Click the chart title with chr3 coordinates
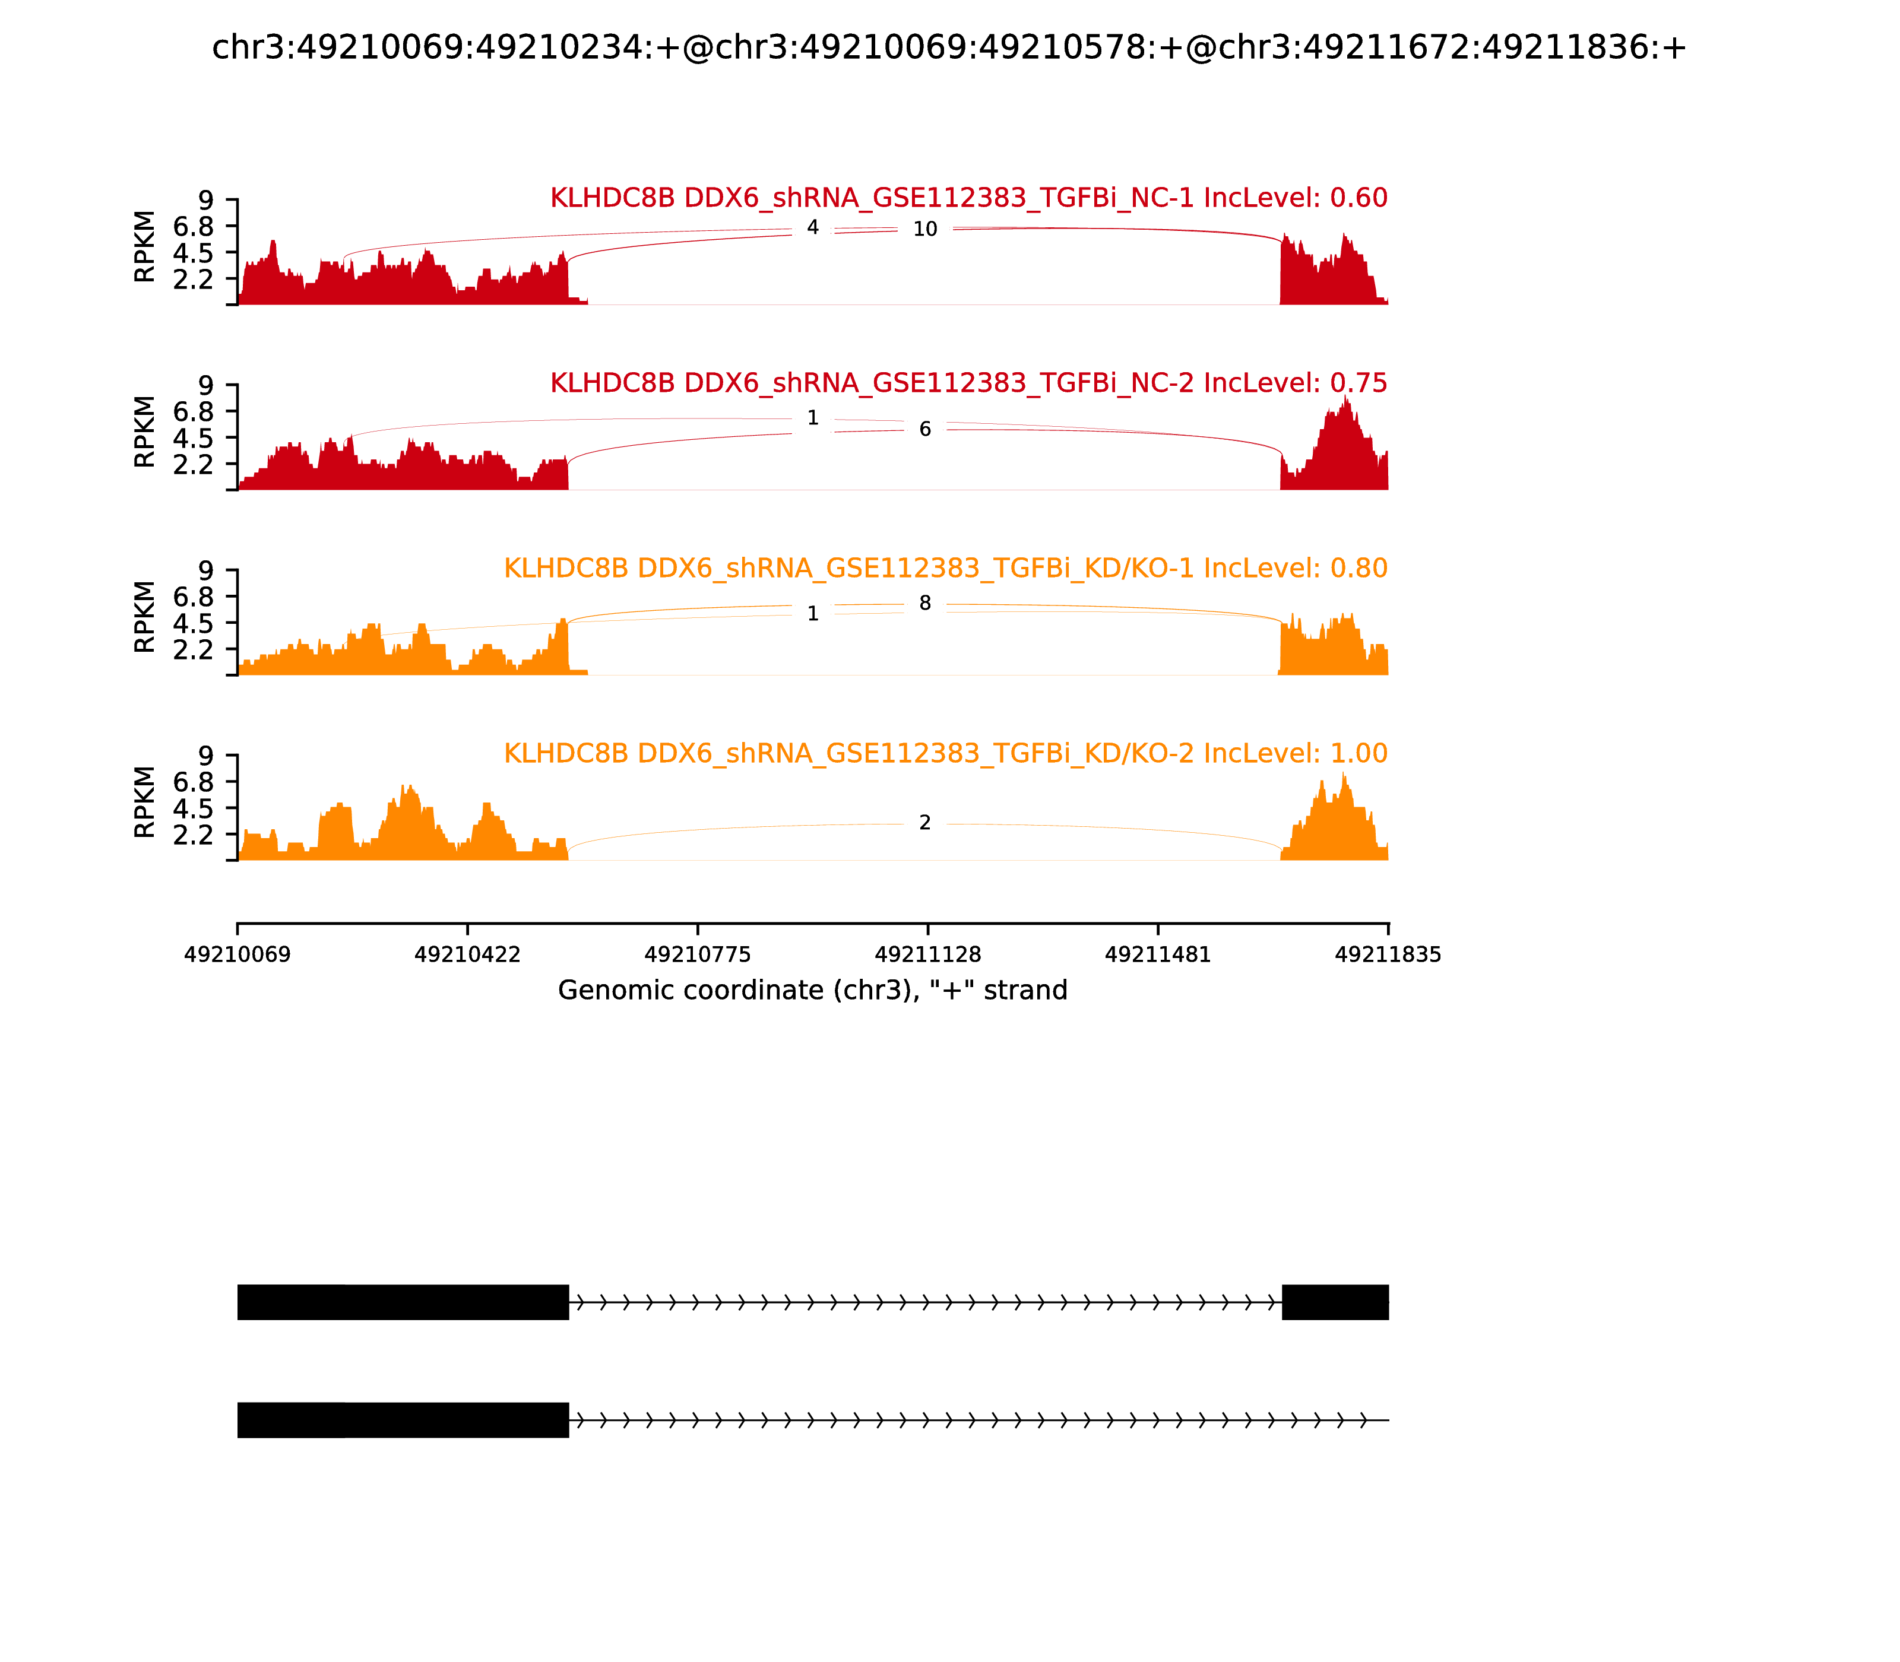pos(949,47)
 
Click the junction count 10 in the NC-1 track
pos(925,229)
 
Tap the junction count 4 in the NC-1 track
pos(813,227)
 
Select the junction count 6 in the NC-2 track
pos(925,429)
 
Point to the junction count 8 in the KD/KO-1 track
pos(925,603)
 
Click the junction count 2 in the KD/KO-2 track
pos(925,823)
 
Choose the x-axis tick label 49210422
pos(468,954)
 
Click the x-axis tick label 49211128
pos(927,954)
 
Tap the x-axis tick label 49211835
pos(1388,954)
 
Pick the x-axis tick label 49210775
pos(698,954)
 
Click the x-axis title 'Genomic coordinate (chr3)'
pos(813,991)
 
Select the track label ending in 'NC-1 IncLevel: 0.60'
pos(968,198)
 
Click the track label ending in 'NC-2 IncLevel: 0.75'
pos(968,383)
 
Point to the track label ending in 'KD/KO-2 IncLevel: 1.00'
pos(945,753)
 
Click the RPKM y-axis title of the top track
pos(145,247)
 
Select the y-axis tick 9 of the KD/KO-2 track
pos(205,756)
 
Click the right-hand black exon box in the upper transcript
pos(1335,1302)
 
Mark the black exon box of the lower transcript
pos(403,1420)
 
